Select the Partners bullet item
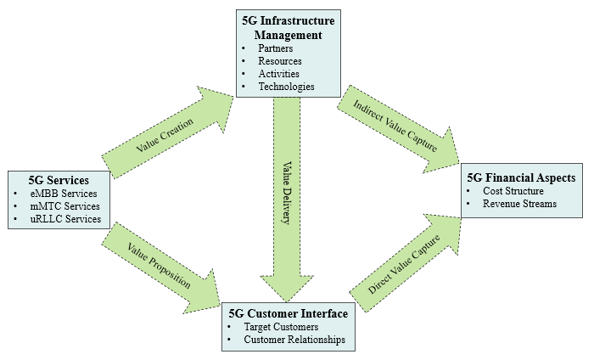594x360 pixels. pyautogui.click(x=277, y=48)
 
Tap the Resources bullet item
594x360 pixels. pyautogui.click(x=280, y=61)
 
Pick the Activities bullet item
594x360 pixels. pyautogui.click(x=279, y=74)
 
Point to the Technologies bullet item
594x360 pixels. pyautogui.click(x=286, y=87)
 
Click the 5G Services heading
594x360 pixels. pyautogui.click(x=58, y=180)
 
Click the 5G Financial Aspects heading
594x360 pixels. pyautogui.click(x=521, y=178)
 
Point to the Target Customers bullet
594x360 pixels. pyautogui.click(x=281, y=326)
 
